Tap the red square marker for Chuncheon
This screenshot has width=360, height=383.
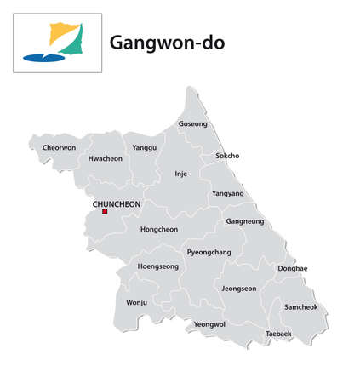[105, 212]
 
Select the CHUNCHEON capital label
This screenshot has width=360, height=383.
[116, 204]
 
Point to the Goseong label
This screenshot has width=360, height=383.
[192, 124]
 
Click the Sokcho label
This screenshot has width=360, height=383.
[227, 156]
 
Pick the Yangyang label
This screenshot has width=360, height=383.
[227, 193]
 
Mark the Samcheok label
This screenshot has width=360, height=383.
[300, 306]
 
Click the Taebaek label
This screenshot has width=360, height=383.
[278, 334]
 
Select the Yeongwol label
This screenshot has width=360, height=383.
[209, 324]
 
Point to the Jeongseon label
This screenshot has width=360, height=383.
[238, 289]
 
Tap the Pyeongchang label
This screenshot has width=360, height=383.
[208, 254]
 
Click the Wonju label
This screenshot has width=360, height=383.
[136, 302]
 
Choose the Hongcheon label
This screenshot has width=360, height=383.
[158, 229]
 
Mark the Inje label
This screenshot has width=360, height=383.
[180, 174]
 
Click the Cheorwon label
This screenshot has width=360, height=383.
[59, 147]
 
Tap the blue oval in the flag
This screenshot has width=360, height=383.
[43, 58]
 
